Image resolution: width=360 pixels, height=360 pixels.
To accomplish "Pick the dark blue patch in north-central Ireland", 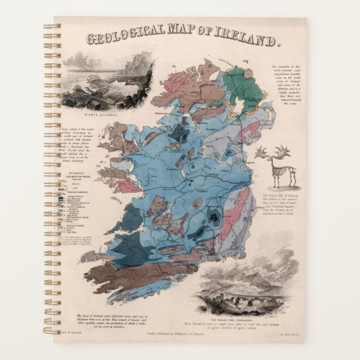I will [180, 132].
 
